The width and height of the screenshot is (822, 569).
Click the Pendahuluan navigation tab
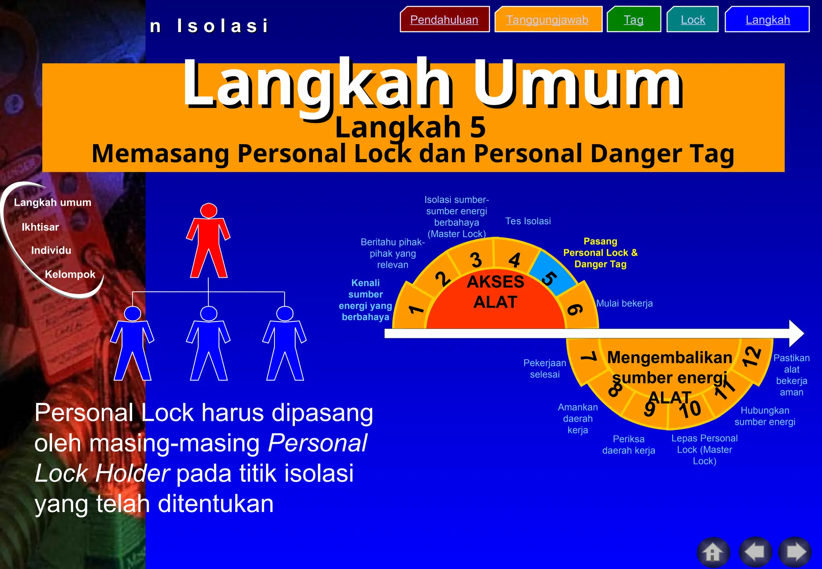tap(444, 19)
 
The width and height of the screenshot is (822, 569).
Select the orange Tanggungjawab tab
tap(547, 19)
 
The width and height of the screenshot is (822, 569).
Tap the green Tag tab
tap(633, 19)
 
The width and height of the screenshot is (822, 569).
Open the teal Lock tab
tap(692, 19)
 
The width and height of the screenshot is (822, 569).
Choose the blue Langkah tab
tap(767, 19)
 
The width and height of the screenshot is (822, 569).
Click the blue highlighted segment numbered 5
tap(552, 275)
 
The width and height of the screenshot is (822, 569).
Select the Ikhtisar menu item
tap(40, 227)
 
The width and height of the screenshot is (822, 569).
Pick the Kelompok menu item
tap(70, 274)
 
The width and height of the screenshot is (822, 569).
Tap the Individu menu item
tap(51, 250)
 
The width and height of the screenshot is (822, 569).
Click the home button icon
tap(713, 553)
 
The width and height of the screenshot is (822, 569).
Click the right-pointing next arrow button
tap(796, 553)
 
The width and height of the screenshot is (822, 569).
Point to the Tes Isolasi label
tap(527, 221)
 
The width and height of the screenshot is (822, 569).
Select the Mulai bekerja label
tap(624, 303)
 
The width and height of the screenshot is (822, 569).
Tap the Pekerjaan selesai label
tap(544, 368)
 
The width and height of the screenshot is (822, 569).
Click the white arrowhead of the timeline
tap(796, 333)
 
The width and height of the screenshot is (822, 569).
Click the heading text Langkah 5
tap(410, 127)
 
